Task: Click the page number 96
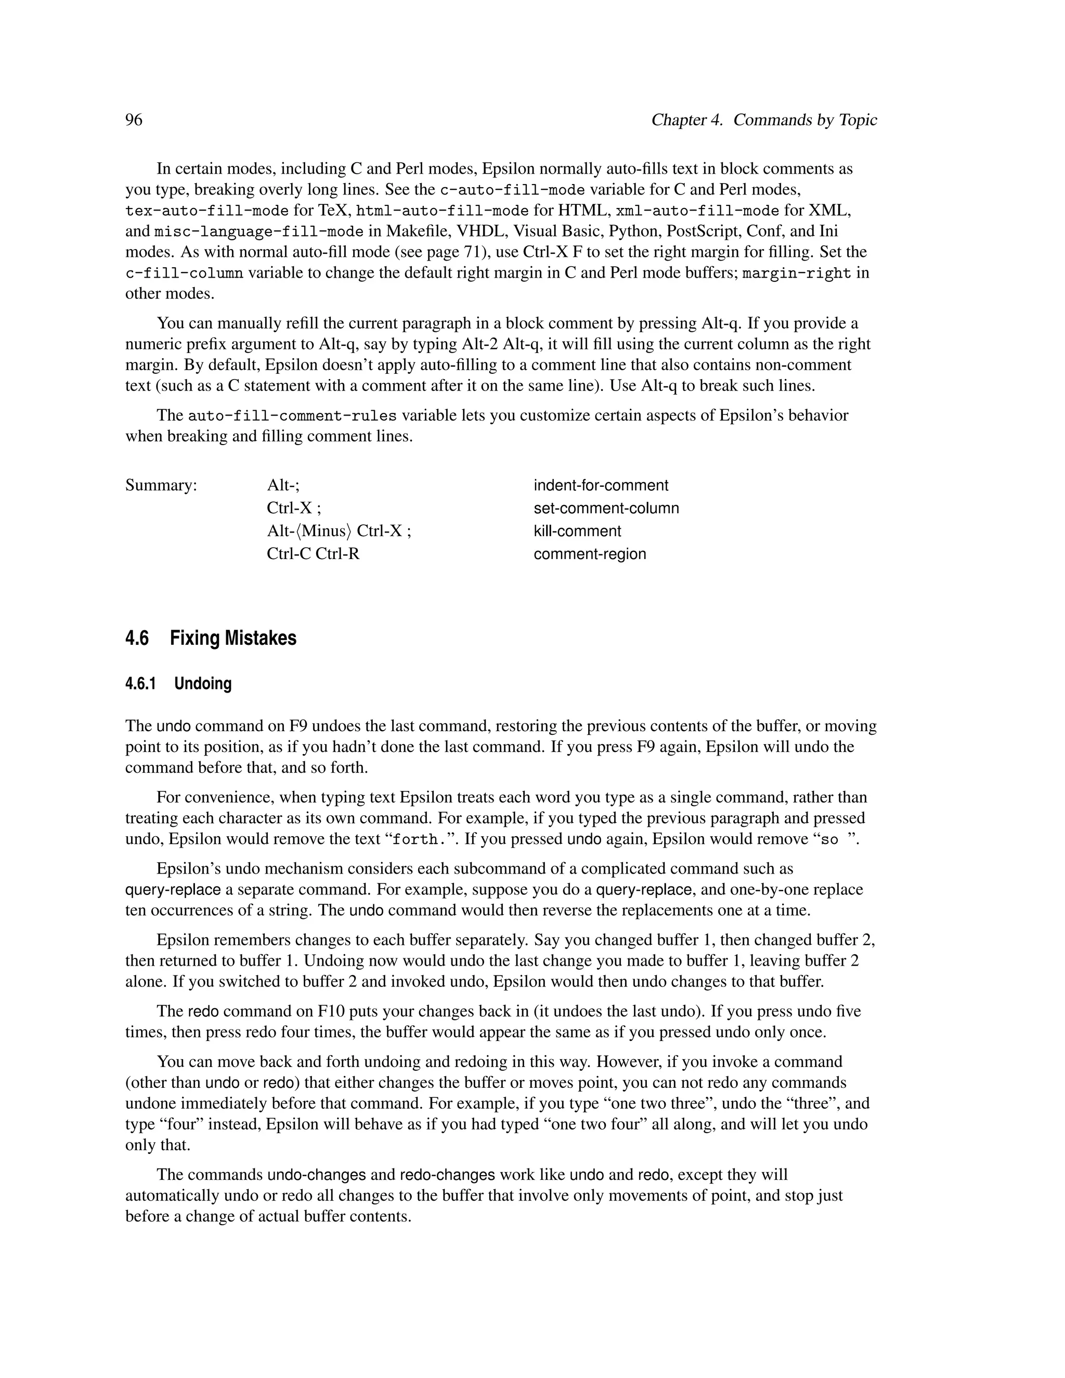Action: point(134,120)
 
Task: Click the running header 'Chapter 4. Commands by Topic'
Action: point(764,120)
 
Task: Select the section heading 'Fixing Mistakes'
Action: point(233,638)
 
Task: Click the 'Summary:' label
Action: point(161,485)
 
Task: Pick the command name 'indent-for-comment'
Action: point(601,485)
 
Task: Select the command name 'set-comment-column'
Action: point(606,508)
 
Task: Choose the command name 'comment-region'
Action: point(589,554)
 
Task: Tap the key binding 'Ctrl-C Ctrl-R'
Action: point(313,554)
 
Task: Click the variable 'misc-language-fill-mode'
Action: point(258,231)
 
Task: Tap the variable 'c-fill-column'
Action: point(184,273)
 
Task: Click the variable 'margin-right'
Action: point(796,273)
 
